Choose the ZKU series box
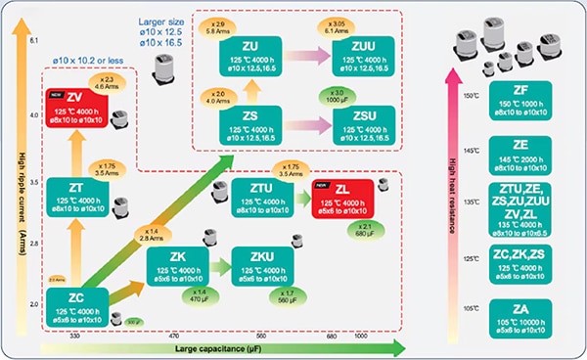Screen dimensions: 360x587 click(x=263, y=267)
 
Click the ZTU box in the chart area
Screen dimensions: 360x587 click(x=263, y=197)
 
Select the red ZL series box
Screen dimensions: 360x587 click(x=339, y=198)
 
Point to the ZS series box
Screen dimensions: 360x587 click(x=247, y=124)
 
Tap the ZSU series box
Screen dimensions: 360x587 click(x=361, y=124)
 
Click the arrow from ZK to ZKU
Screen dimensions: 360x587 click(x=222, y=265)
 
